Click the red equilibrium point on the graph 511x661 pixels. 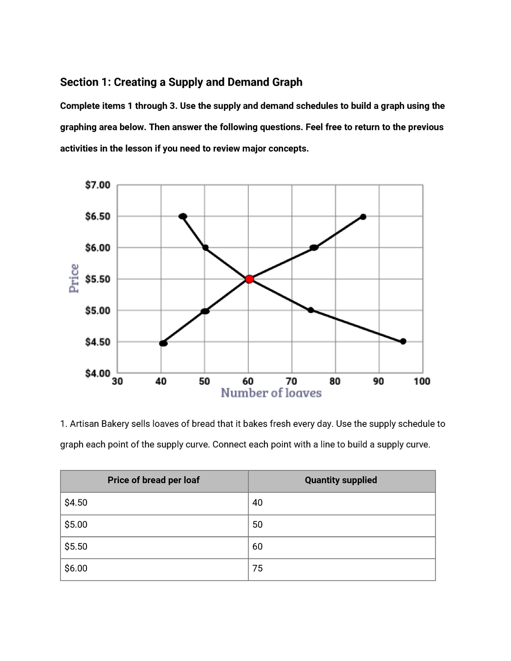pos(250,279)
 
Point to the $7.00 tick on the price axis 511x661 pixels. pos(98,185)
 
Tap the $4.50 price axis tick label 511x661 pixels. pos(98,342)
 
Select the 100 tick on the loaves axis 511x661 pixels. pos(422,381)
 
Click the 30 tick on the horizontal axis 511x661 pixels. pos(117,381)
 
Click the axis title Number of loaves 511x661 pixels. pos(271,393)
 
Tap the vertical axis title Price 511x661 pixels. pos(74,278)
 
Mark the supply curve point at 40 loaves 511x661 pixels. pos(163,343)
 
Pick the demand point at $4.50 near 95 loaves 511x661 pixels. pos(403,341)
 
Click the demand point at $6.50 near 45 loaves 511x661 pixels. pos(183,216)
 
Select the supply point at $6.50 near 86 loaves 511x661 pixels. pos(363,217)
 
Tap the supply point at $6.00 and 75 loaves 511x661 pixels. pos(314,248)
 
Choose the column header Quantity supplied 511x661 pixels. pos(341,480)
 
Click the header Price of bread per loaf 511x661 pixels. pos(153,480)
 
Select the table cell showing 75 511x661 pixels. pos(258,568)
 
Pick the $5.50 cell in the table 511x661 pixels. pos(76,547)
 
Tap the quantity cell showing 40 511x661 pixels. pos(258,503)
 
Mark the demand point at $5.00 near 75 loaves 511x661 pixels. pos(311,310)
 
